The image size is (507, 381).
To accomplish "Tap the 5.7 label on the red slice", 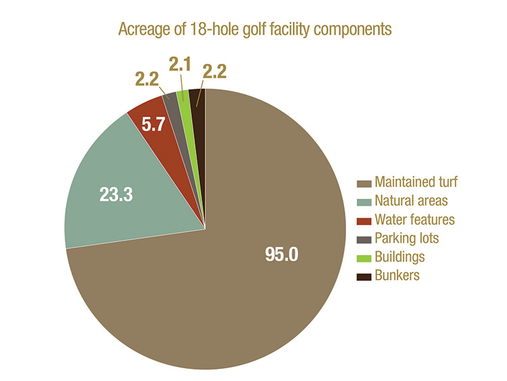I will [x=153, y=125].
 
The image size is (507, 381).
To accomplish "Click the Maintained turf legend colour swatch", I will [x=363, y=183].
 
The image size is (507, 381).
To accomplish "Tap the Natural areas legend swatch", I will [x=363, y=201].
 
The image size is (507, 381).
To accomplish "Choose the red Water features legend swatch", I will [x=363, y=220].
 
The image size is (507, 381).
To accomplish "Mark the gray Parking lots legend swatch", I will [x=363, y=239].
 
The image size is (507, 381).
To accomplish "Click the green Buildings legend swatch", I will [x=363, y=258].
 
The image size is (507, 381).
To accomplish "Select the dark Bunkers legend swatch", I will [x=363, y=276].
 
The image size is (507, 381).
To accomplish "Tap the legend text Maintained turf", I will [x=416, y=183].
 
